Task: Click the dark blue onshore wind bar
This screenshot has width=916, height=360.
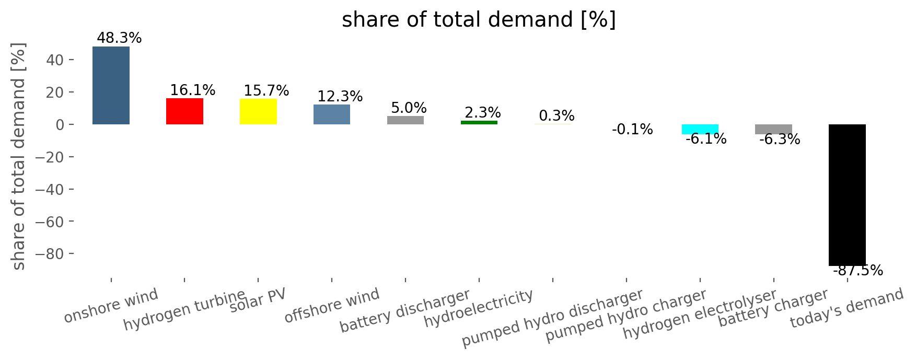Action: pos(111,85)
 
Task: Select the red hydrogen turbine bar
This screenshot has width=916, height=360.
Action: pos(184,111)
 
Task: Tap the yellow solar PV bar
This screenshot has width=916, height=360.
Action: pos(258,112)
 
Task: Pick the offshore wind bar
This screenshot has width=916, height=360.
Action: pos(332,114)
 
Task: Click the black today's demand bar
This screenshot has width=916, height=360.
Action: pos(847,195)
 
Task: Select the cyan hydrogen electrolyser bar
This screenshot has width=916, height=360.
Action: pos(700,129)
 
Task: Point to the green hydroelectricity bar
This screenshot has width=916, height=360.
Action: pos(479,122)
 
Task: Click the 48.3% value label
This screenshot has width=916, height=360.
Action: pos(119,38)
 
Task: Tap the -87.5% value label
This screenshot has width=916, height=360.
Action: pos(857,271)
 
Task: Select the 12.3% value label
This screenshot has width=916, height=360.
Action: pos(340,97)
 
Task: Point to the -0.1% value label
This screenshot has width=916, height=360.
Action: pos(632,130)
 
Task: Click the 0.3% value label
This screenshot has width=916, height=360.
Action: pos(557,116)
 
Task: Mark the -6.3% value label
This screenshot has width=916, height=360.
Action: pos(780,140)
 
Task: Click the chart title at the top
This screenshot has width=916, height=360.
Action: pos(479,20)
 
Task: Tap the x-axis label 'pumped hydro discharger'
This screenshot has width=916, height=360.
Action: pos(552,318)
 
